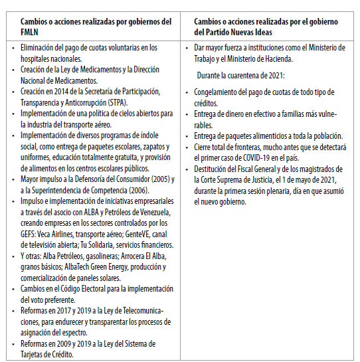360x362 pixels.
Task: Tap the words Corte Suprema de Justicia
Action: [x=239, y=179]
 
